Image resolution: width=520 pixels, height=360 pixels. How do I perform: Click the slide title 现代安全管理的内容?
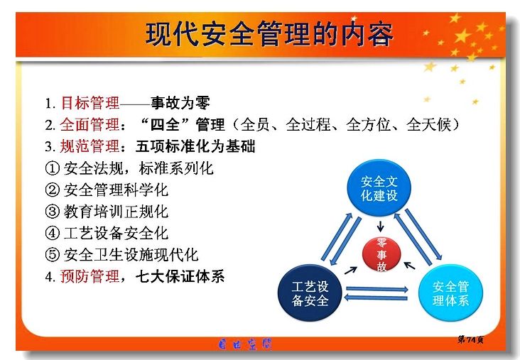(269, 34)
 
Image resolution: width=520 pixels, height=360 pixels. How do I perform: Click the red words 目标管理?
(90, 103)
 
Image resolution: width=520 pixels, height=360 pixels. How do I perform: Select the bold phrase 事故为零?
(180, 103)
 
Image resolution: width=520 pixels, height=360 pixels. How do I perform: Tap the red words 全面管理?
(90, 125)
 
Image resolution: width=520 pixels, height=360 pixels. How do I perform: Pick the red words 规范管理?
(90, 146)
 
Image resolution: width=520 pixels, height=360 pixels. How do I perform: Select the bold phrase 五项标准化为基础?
(195, 146)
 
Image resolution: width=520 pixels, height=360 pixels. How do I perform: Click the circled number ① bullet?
(52, 168)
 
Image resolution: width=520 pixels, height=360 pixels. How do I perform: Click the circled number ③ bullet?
(52, 212)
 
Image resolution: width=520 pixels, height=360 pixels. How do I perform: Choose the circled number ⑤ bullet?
(52, 255)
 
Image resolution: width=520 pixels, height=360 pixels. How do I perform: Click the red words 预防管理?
(90, 276)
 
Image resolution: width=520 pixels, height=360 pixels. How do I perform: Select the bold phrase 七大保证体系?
(180, 276)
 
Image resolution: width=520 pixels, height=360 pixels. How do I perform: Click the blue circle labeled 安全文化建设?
(379, 188)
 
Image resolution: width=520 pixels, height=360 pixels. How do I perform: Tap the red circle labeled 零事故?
(381, 255)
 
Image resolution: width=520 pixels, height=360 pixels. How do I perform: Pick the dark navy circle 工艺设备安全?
(310, 293)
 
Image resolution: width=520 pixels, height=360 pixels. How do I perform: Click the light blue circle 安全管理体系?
(450, 293)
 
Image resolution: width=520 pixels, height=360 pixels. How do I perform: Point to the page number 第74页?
(470, 339)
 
